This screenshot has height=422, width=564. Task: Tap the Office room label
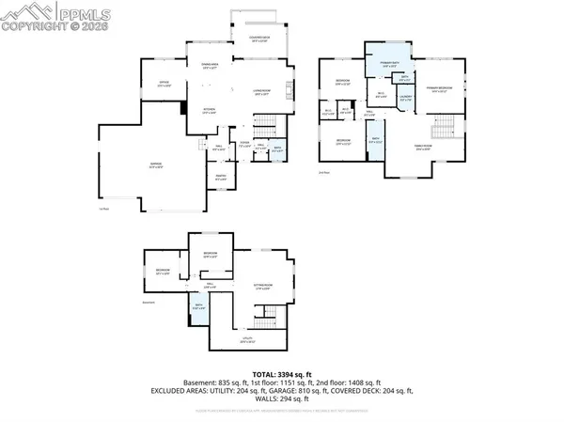click(x=164, y=83)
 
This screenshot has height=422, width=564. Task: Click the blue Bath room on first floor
click(x=277, y=149)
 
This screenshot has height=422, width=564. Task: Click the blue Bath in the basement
click(x=198, y=306)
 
